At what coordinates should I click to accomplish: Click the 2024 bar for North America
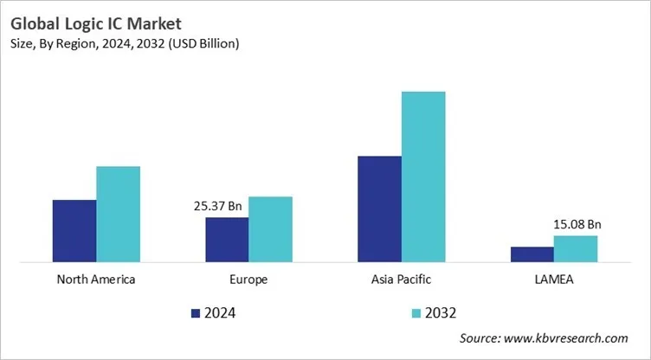[74, 230]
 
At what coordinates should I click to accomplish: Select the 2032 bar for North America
[118, 214]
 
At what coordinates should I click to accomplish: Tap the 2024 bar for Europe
[227, 239]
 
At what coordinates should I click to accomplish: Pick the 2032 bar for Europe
[270, 228]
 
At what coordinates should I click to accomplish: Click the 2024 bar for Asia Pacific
[379, 209]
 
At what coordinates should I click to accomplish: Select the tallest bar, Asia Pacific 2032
[422, 176]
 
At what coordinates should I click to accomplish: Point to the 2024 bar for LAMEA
[532, 254]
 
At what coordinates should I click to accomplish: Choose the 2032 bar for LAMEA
[576, 248]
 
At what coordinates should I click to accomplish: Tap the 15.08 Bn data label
[577, 224]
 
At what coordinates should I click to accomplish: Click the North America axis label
[95, 280]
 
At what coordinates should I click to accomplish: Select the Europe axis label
[248, 280]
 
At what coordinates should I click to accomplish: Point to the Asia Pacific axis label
[401, 280]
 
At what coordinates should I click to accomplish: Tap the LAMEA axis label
[554, 280]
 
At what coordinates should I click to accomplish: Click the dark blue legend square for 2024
[195, 312]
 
